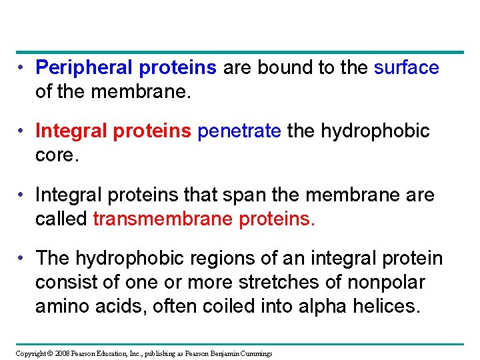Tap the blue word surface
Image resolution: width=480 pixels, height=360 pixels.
(x=406, y=67)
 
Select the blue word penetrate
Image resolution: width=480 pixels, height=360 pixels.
(x=239, y=131)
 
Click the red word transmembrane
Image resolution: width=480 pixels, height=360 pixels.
(x=163, y=219)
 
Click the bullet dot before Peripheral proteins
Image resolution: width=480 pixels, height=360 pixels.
(x=23, y=67)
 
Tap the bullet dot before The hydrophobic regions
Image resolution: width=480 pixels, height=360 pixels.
(x=23, y=258)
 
